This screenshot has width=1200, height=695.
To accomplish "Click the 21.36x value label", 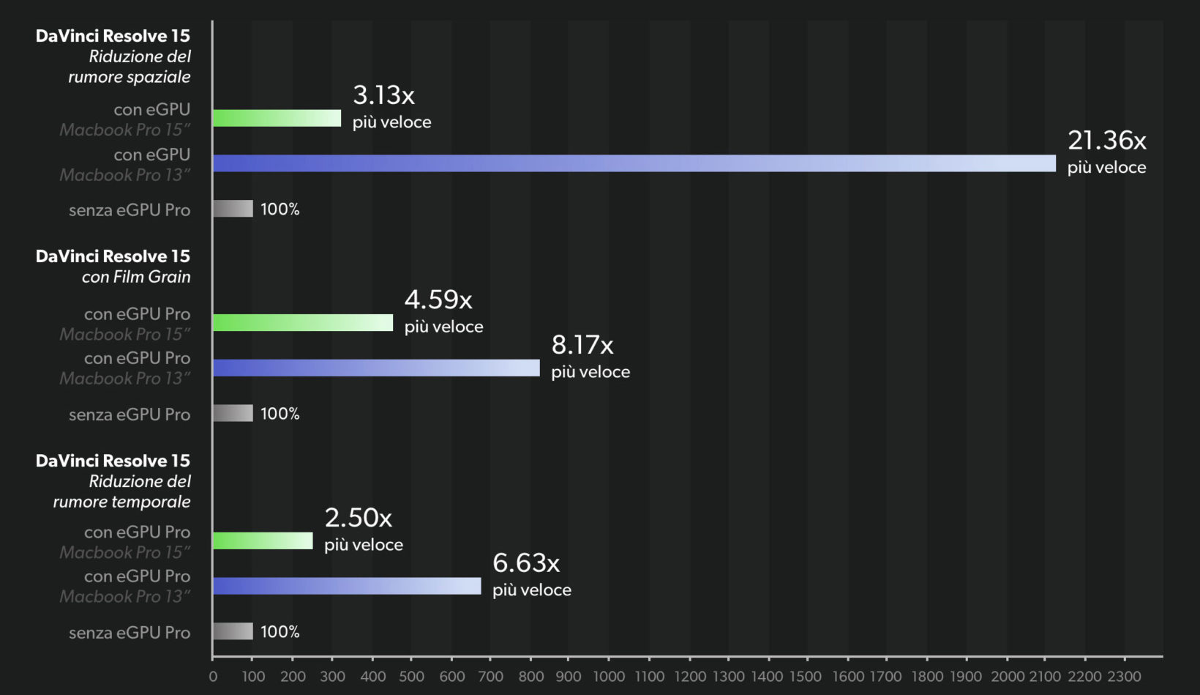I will coord(1106,141).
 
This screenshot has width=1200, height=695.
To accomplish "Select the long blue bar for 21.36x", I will coord(634,163).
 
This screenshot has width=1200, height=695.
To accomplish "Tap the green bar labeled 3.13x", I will coord(277,118).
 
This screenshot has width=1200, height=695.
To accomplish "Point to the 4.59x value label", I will coord(438,300).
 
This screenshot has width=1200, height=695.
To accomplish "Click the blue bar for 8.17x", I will coord(376,368).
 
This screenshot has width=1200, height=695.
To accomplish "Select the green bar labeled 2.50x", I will coord(263,541).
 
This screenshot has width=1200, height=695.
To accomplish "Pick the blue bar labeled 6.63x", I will coord(347,586).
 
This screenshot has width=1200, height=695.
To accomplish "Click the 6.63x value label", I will coord(525,564).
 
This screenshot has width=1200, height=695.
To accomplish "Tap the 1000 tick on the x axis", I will coord(609,677).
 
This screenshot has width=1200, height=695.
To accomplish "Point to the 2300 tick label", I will coord(1124,677).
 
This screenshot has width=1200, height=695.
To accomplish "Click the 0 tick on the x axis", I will coord(213,677).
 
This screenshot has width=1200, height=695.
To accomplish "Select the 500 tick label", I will coord(411,677).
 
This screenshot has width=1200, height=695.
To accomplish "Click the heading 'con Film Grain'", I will coord(136,277).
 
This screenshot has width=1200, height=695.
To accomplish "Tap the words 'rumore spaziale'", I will coord(130,77).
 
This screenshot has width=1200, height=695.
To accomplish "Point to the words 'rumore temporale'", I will coord(121,502).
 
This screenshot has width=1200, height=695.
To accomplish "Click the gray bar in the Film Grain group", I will coord(233,413).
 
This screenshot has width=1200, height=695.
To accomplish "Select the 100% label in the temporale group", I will coord(280,632).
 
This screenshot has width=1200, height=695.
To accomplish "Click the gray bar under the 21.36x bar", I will coord(233,209).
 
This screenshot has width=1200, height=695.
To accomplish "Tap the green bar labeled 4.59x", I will coord(303,322).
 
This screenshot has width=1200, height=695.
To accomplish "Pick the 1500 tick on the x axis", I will coord(806,677).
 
